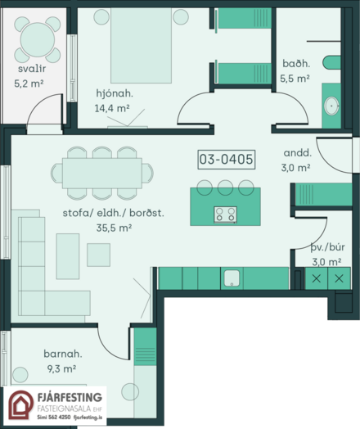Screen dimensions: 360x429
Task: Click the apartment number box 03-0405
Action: [x=227, y=159]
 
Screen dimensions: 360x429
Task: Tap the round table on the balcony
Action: [x=37, y=39]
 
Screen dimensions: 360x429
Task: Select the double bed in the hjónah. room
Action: [x=141, y=45]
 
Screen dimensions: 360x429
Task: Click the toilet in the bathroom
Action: [x=331, y=63]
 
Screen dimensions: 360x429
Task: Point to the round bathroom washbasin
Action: [x=331, y=106]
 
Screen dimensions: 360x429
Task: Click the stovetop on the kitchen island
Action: [x=226, y=214]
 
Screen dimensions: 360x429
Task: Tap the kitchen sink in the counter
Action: [x=232, y=278]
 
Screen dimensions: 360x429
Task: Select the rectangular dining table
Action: [x=102, y=174]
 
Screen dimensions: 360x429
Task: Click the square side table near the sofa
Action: [x=99, y=255]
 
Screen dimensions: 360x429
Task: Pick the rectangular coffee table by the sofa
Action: [x=68, y=256]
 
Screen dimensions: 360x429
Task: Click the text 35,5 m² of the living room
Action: [x=114, y=228]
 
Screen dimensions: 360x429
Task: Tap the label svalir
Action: [x=32, y=69]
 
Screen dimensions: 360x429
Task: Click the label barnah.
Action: [x=63, y=354]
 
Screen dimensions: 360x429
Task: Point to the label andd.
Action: [x=297, y=152]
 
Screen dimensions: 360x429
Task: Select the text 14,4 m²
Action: [x=112, y=108]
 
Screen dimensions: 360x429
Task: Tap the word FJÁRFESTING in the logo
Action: [x=70, y=397]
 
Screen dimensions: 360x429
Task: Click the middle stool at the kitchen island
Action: [x=225, y=187]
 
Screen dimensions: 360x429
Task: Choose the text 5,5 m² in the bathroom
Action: [x=295, y=79]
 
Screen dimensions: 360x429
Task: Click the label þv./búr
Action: [x=327, y=247]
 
